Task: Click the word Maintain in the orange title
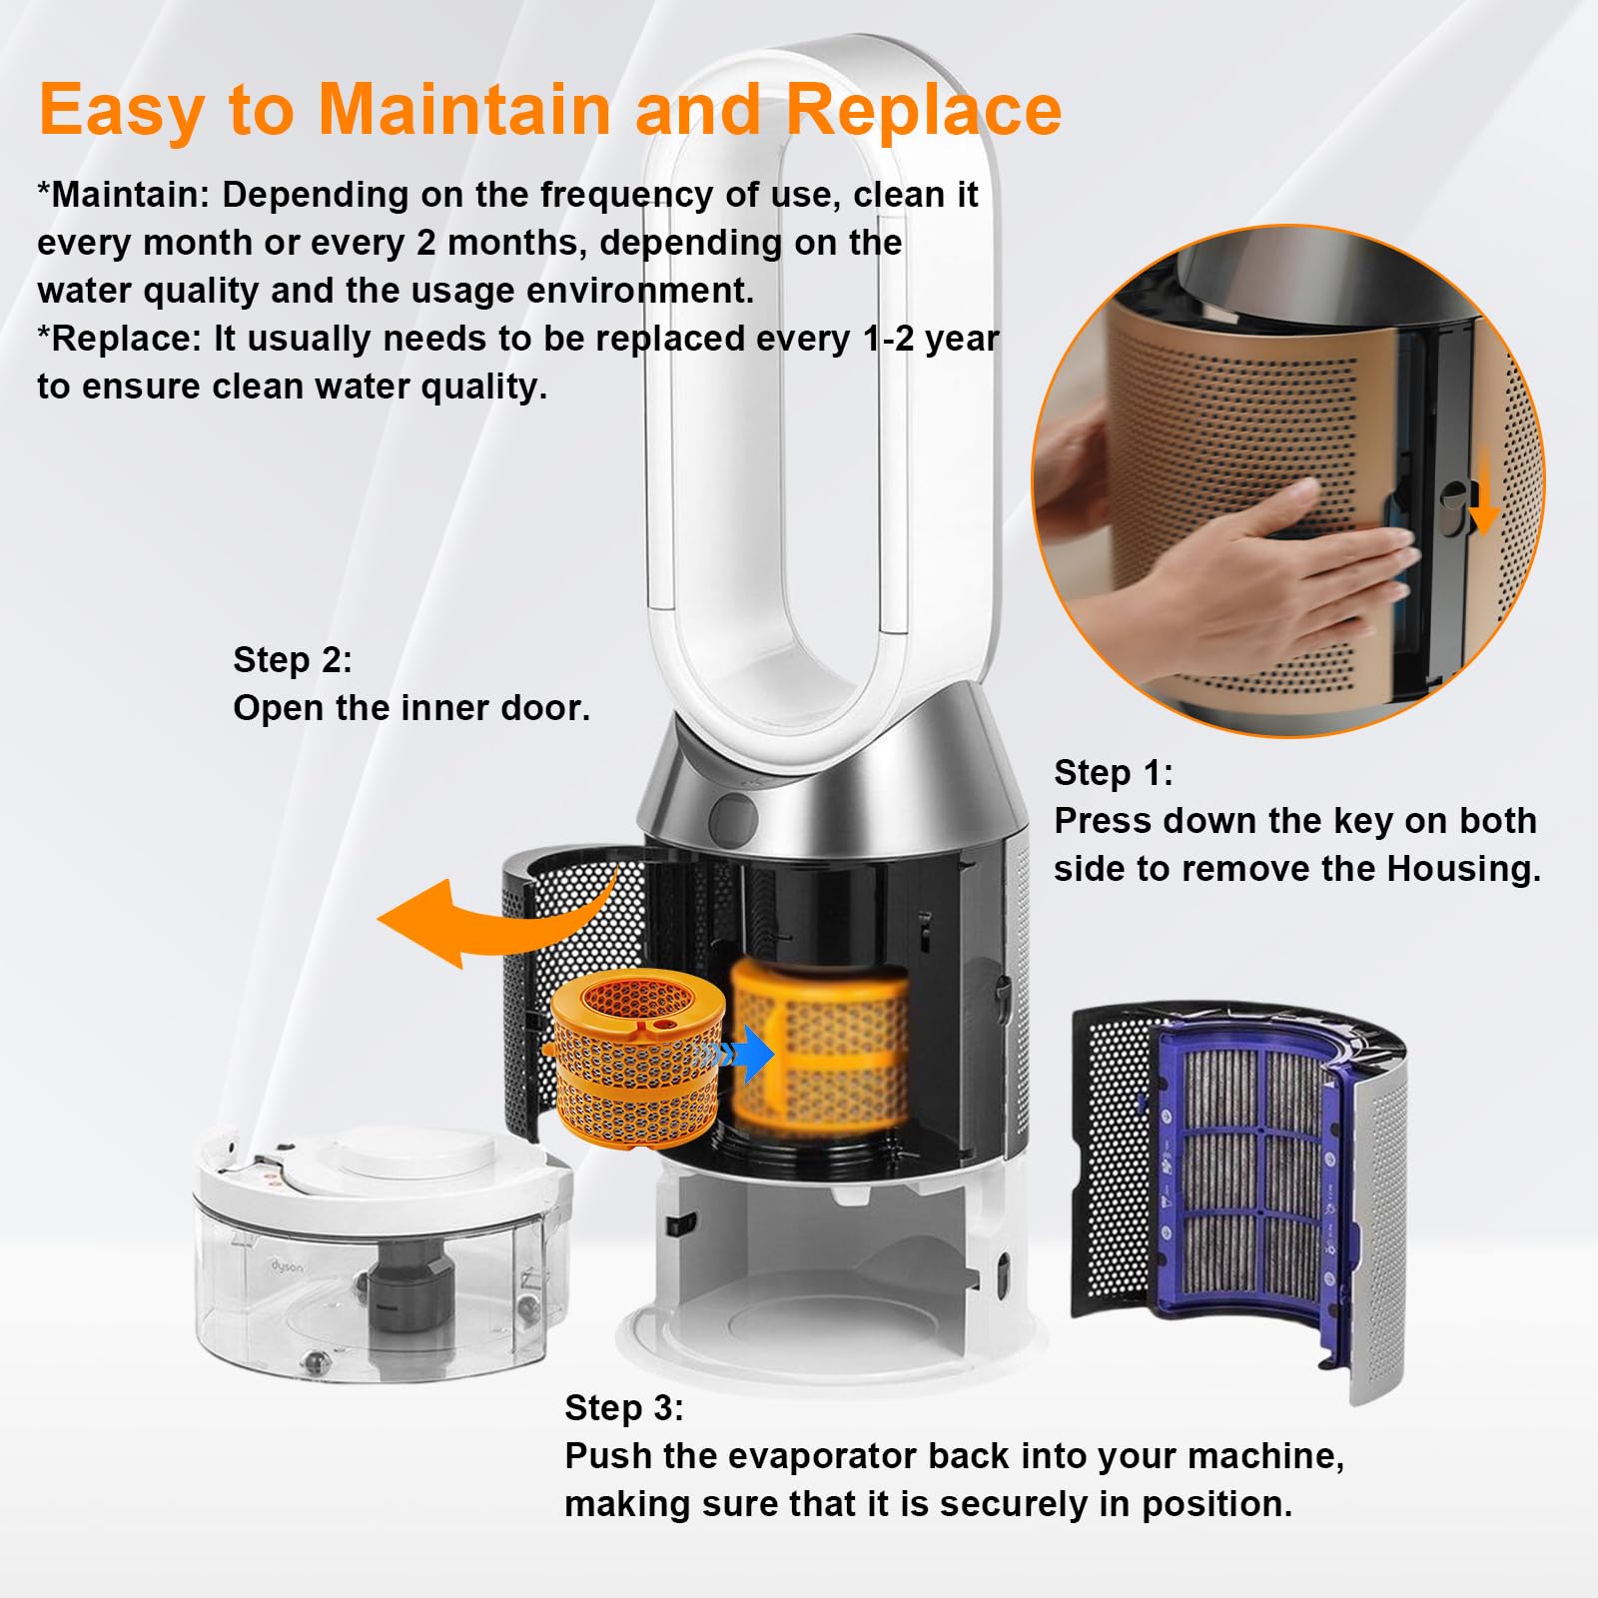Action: [x=463, y=109]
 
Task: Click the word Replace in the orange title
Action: [x=924, y=109]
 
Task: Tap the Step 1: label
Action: [x=1113, y=772]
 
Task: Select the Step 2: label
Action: [x=292, y=659]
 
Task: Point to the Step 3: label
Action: [x=623, y=1407]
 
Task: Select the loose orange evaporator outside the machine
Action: [x=629, y=1059]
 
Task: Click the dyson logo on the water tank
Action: [x=287, y=1265]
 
